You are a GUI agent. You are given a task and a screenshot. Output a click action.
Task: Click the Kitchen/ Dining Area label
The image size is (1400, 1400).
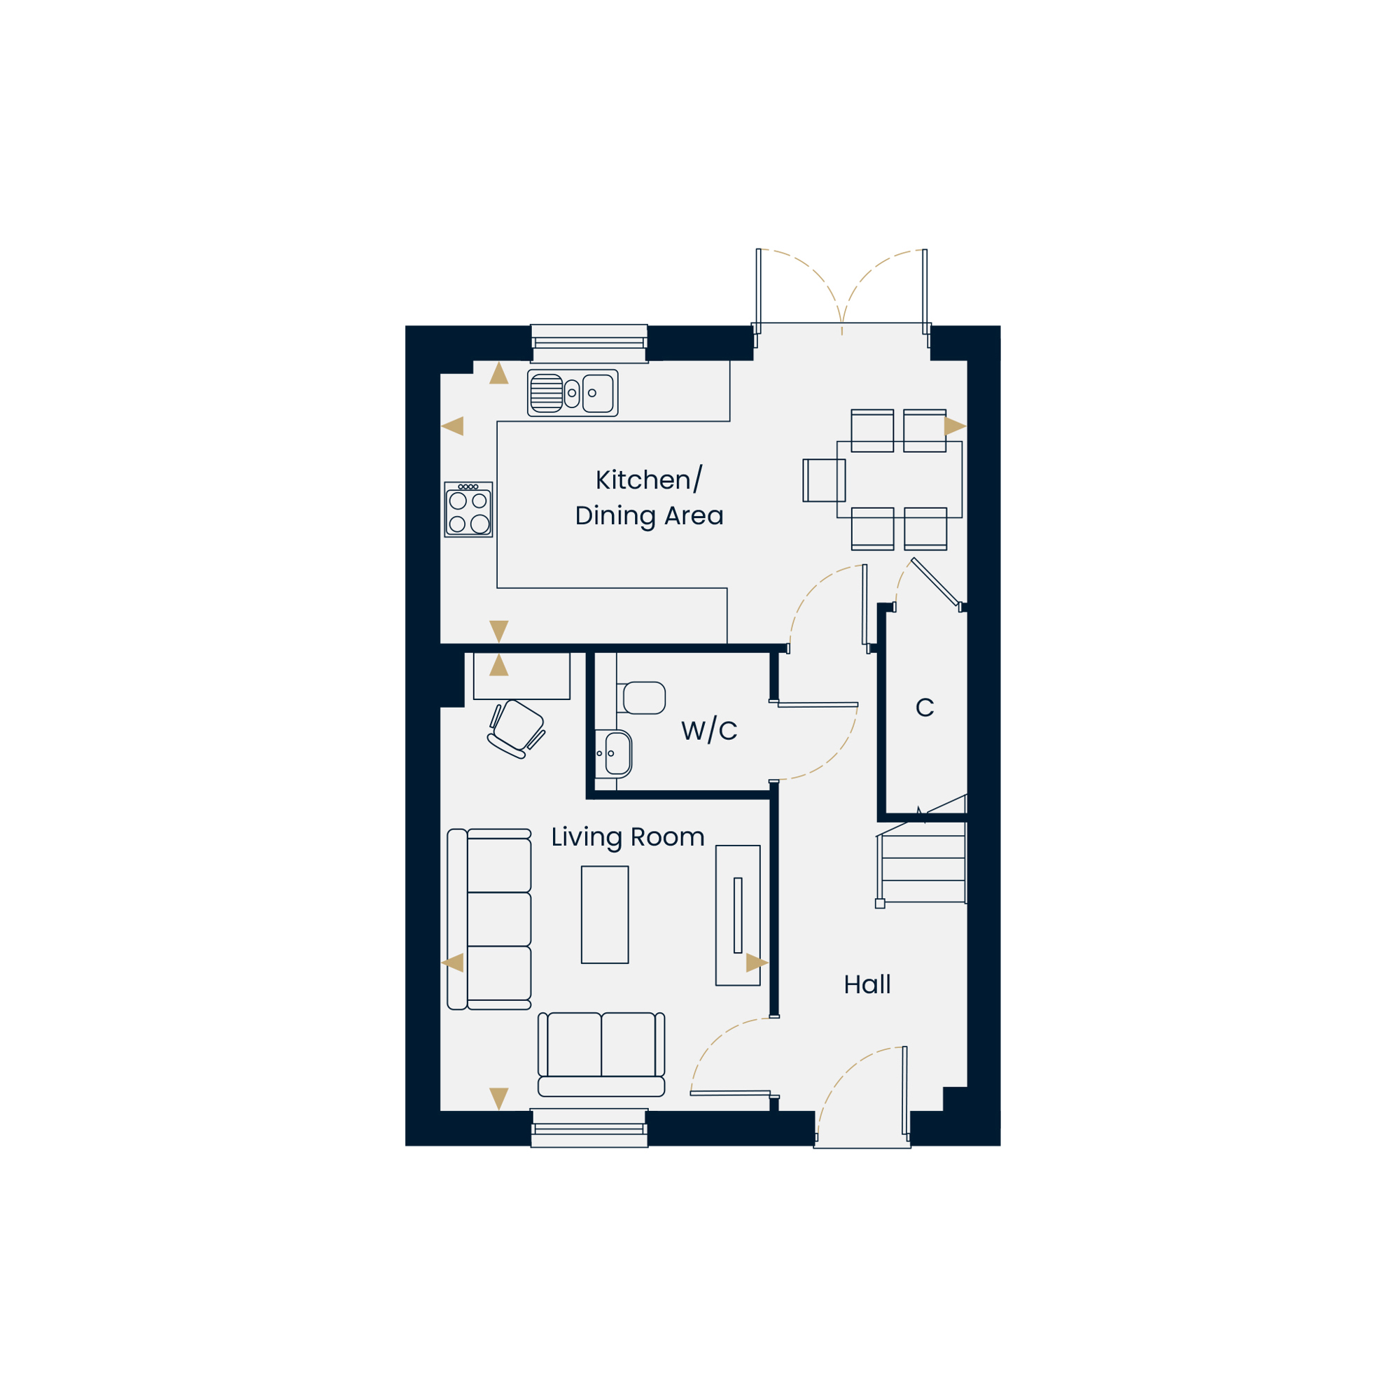click(650, 498)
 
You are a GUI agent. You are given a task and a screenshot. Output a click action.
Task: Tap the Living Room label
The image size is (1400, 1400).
click(627, 838)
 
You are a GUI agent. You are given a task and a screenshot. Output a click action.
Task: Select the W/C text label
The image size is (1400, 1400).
click(709, 730)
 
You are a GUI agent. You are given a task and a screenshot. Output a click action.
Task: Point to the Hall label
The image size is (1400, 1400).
click(867, 985)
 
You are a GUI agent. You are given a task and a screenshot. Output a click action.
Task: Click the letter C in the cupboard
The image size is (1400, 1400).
click(925, 707)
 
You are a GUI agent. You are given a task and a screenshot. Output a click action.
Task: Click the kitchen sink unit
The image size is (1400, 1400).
click(573, 393)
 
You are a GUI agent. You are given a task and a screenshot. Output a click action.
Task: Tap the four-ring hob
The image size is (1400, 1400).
click(469, 510)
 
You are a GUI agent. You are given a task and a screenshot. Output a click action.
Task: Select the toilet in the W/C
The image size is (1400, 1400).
click(641, 698)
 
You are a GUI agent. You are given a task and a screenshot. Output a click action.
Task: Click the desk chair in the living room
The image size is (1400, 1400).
click(516, 729)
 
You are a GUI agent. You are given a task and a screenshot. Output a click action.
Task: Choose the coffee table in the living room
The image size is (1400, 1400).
click(604, 914)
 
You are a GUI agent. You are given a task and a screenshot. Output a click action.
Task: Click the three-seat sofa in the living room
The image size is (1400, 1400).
click(489, 920)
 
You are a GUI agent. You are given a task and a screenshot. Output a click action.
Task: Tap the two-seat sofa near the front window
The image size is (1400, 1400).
click(601, 1054)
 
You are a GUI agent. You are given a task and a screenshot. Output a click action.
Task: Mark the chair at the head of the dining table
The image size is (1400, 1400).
click(825, 480)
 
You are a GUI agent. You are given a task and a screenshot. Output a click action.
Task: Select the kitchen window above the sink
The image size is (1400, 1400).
click(589, 344)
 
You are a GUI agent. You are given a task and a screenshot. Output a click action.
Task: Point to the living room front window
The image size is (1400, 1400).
click(589, 1128)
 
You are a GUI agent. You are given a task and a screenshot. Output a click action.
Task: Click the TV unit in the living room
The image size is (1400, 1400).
click(738, 915)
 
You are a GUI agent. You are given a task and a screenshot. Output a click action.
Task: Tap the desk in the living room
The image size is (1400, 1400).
click(521, 675)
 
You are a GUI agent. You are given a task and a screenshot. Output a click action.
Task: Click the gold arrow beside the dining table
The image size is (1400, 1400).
click(955, 426)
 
